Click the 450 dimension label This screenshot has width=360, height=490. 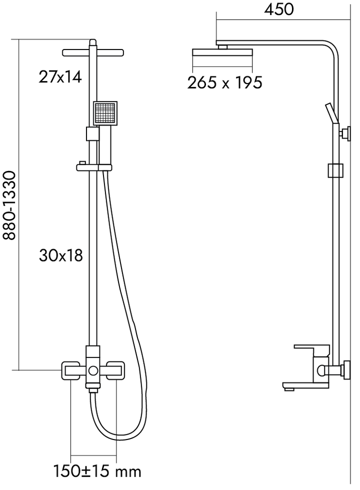pyautogui.click(x=279, y=9)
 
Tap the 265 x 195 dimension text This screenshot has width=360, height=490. pyautogui.click(x=224, y=82)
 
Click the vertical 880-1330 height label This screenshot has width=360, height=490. pyautogui.click(x=9, y=205)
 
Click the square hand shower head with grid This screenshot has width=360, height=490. pyautogui.click(x=104, y=113)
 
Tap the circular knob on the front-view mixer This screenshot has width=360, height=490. pyautogui.click(x=93, y=371)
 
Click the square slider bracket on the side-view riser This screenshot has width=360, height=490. pyautogui.click(x=335, y=170)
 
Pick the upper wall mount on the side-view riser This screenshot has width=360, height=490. pyautogui.click(x=344, y=133)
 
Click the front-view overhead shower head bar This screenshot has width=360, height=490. pyautogui.click(x=93, y=51)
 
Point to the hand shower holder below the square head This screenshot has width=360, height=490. pyautogui.click(x=92, y=134)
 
